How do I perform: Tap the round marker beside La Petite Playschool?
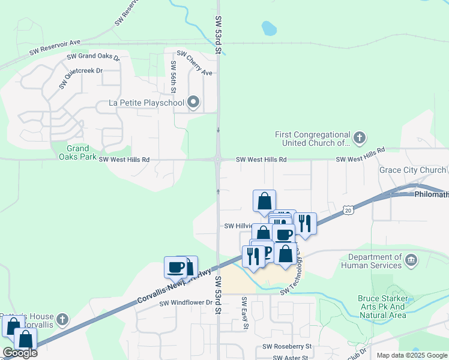coord(193,103)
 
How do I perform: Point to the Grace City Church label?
coord(412,170)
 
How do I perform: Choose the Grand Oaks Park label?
coord(77,152)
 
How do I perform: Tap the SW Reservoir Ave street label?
coord(55,48)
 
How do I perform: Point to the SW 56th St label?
coord(173,77)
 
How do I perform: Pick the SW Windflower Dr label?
coord(186,303)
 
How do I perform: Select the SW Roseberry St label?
coord(287,347)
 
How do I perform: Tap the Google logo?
coord(19,353)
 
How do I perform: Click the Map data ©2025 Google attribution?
coord(412,355)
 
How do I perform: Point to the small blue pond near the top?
coord(269,28)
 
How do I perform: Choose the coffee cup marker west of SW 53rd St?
coord(176,268)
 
